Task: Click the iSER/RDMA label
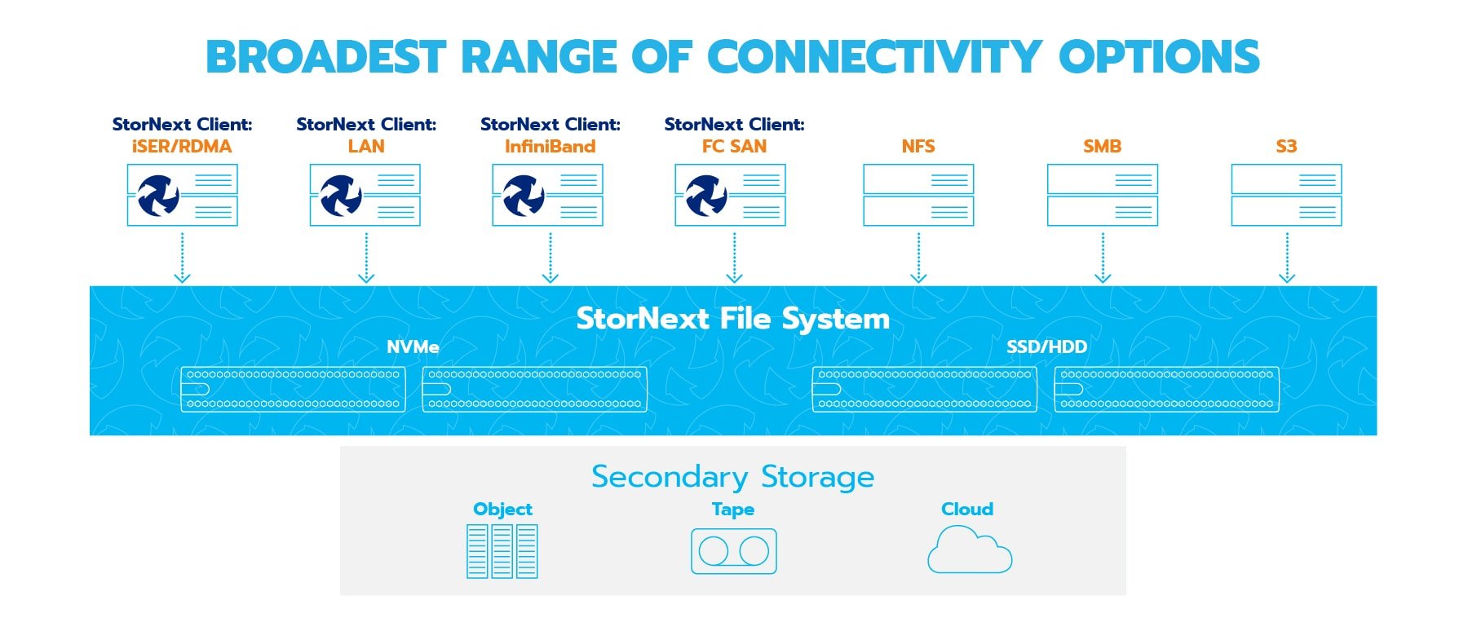[x=182, y=147]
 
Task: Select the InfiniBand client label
[x=550, y=147]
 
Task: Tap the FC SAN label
[x=734, y=147]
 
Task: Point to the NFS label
[x=918, y=147]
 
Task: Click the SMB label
[x=1102, y=147]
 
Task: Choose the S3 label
[x=1286, y=147]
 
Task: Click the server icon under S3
[x=1286, y=196]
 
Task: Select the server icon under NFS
[x=918, y=196]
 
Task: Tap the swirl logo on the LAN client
[x=341, y=196]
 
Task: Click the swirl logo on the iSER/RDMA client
[x=157, y=196]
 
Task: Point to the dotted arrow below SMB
[x=1103, y=258]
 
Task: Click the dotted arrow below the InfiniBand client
[x=550, y=258]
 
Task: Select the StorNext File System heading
[x=732, y=318]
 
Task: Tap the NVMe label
[x=413, y=347]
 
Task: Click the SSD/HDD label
[x=1046, y=347]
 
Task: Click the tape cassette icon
[x=733, y=551]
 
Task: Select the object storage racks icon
[x=502, y=551]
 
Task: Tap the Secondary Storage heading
[x=732, y=477]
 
